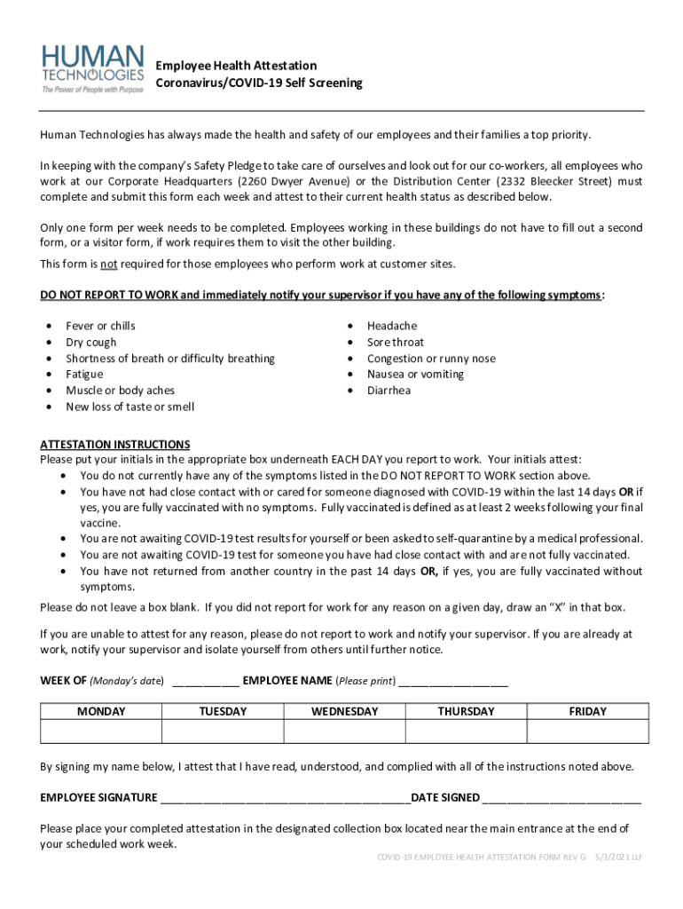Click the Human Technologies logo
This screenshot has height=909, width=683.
click(92, 67)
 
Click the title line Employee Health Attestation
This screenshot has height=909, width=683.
click(236, 66)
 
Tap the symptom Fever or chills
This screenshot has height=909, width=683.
click(100, 326)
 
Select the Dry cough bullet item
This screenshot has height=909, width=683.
click(90, 342)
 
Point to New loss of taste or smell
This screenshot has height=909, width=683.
click(130, 407)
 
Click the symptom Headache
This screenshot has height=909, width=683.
click(391, 326)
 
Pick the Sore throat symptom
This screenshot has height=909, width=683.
click(395, 342)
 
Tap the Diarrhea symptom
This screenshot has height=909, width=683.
click(389, 391)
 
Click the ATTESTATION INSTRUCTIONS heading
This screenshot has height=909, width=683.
click(115, 444)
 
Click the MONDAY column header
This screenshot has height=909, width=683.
click(101, 711)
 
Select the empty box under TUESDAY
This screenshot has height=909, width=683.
click(223, 731)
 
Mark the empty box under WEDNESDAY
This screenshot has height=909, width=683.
click(344, 731)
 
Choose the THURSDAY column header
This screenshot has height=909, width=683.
click(466, 711)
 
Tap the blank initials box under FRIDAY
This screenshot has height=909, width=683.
click(587, 731)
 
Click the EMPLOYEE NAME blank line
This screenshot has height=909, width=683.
click(453, 682)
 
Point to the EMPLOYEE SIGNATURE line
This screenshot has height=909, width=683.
click(285, 797)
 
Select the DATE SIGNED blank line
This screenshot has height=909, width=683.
click(561, 797)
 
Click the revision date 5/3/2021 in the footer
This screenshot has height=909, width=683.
click(604, 858)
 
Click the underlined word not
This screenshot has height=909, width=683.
click(108, 264)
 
